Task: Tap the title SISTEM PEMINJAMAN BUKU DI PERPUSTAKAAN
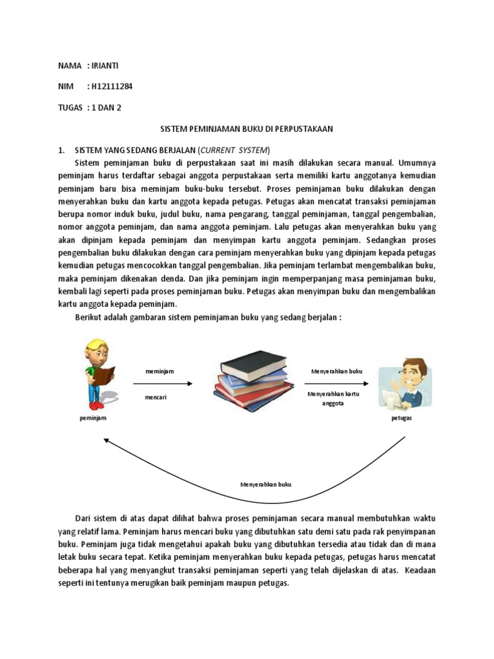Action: coord(246,129)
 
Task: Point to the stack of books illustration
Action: coord(252,376)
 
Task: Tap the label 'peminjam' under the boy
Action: coord(93,418)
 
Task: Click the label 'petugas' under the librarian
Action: coord(401,418)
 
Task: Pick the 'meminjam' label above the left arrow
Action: coord(160,371)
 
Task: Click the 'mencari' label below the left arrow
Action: coord(156,397)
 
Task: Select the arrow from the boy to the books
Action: coord(163,384)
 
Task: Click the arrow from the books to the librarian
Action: coord(336,384)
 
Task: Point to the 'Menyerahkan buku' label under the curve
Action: coord(266,484)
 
